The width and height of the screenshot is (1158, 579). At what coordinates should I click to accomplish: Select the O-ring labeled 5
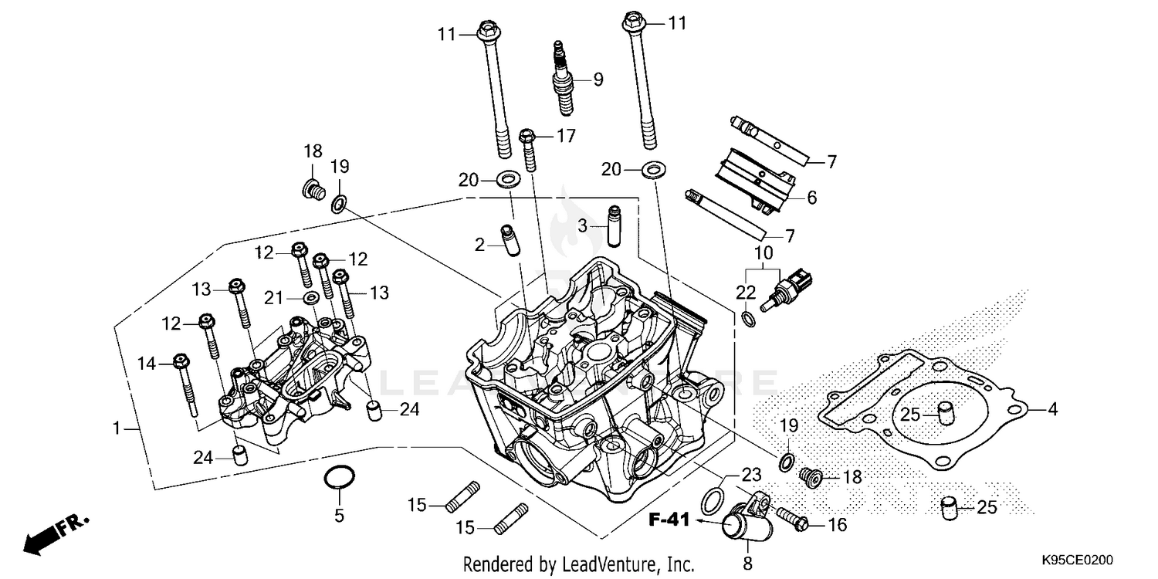tap(338, 479)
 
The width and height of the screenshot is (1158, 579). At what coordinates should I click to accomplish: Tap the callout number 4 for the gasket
tap(1052, 410)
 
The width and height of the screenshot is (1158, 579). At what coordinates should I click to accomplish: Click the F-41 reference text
tap(668, 522)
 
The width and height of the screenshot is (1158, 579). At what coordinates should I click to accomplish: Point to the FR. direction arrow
tap(56, 533)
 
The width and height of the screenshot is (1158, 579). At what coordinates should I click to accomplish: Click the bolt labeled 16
tap(791, 518)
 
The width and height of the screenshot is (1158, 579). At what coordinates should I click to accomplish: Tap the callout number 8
tap(747, 563)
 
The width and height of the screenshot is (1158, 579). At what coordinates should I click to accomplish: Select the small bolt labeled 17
tap(530, 151)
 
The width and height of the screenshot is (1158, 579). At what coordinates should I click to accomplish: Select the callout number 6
tap(811, 198)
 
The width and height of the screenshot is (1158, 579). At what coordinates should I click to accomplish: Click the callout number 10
tap(764, 252)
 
